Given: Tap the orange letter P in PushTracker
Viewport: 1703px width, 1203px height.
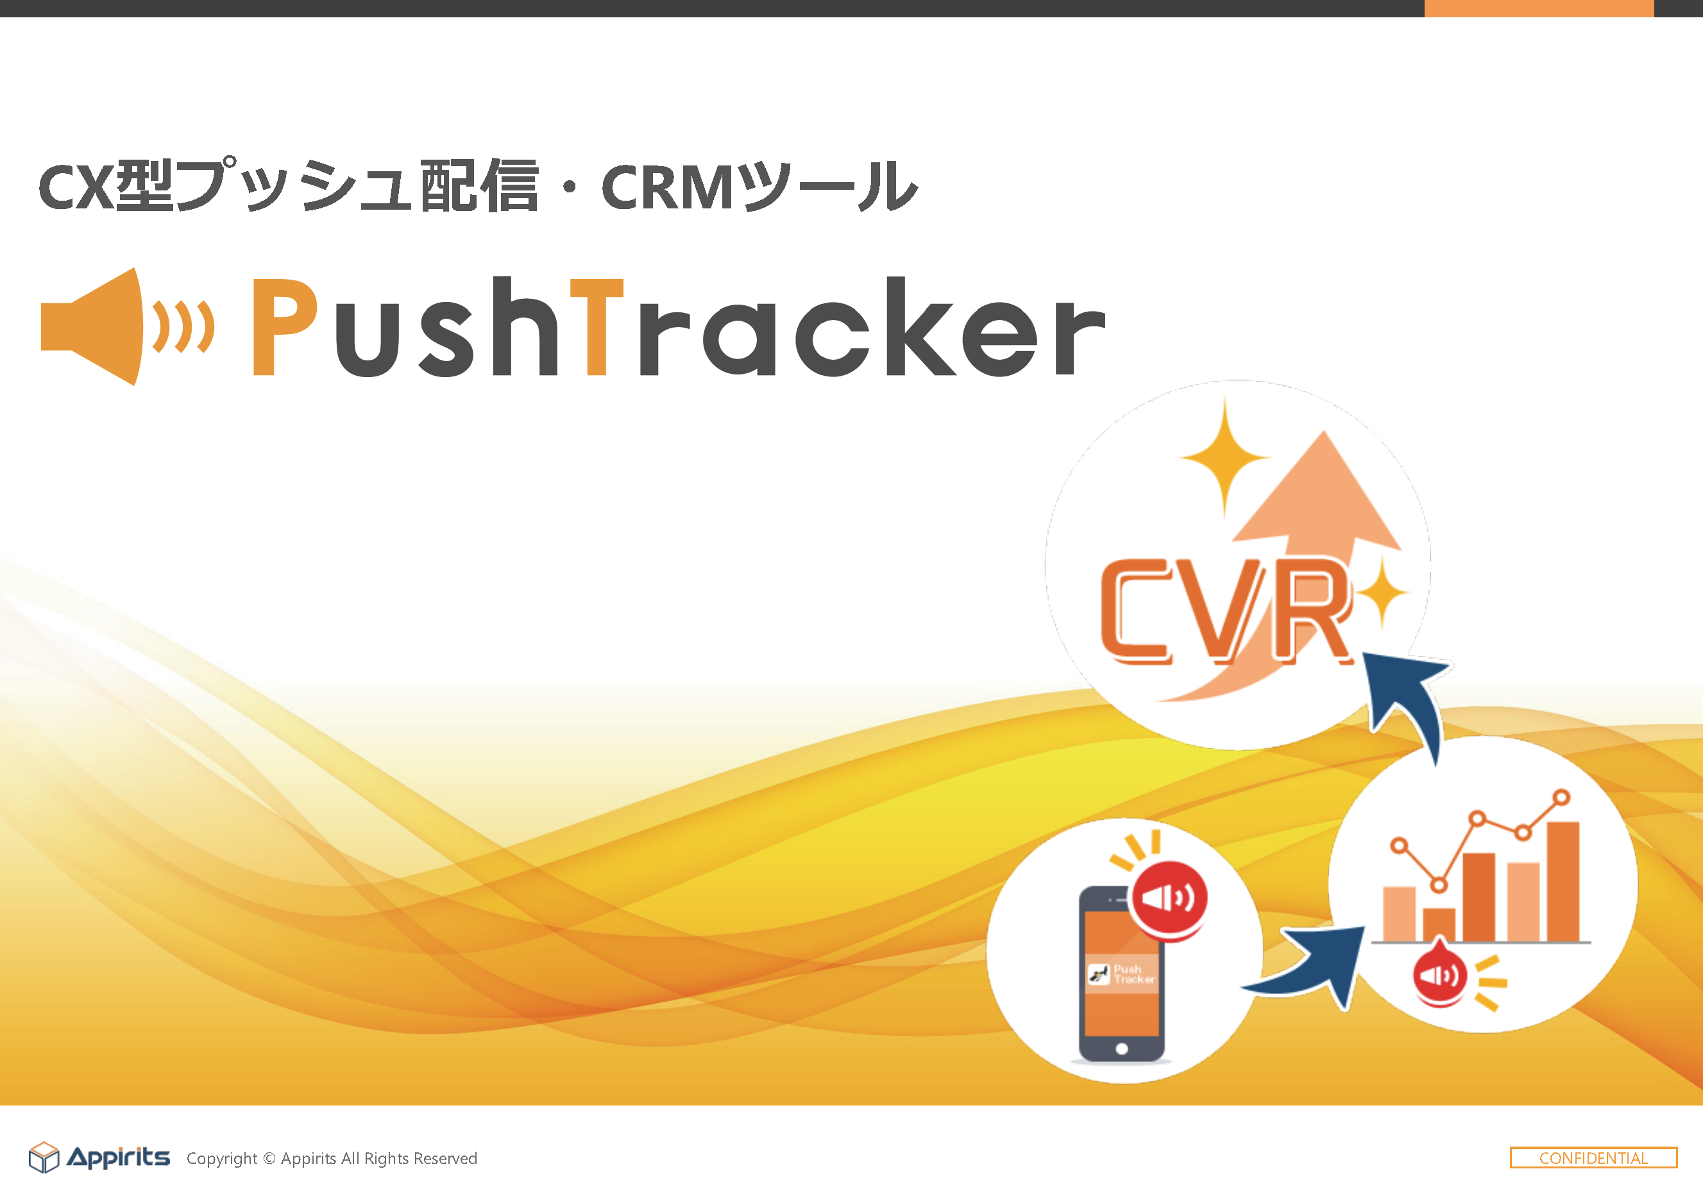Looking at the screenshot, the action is (x=285, y=326).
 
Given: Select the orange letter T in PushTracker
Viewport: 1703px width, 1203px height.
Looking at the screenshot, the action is (x=597, y=326).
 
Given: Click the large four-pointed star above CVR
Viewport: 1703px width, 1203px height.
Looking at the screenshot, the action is (x=1224, y=458).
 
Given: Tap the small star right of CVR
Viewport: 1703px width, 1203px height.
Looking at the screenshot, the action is (x=1381, y=593).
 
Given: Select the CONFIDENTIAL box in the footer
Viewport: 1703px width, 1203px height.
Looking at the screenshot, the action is (x=1593, y=1157).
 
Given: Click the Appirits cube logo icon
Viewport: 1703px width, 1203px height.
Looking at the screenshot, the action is (x=44, y=1157).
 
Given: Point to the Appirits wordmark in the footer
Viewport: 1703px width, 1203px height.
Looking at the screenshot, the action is (x=119, y=1157).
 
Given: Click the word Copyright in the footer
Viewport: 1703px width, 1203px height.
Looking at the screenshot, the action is (x=222, y=1159).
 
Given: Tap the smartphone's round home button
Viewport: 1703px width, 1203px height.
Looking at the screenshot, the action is (x=1121, y=1048).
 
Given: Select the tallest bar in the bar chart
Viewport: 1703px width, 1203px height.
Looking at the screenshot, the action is (x=1563, y=882).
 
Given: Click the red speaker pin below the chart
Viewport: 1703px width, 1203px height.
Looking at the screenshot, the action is (x=1439, y=973).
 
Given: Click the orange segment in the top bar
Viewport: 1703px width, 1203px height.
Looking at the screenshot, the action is (x=1539, y=8).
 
